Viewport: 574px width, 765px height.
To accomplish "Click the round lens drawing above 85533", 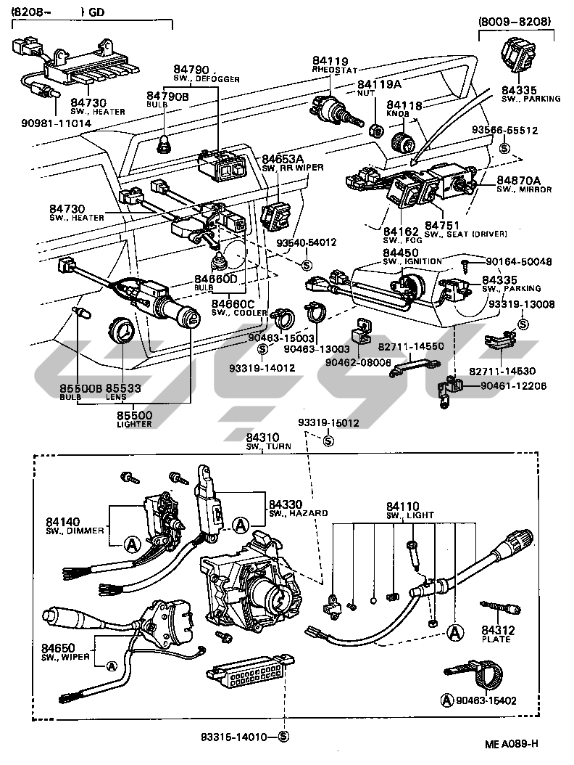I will click(x=122, y=332).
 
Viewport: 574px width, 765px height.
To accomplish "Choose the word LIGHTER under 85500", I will click(x=134, y=424).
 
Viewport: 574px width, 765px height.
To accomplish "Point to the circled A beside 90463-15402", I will click(x=447, y=700).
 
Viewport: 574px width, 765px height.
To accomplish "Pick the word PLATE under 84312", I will click(x=496, y=639).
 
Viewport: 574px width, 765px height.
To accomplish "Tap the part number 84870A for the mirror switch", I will click(x=520, y=180).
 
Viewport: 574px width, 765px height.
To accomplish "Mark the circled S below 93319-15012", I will click(x=328, y=439).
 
